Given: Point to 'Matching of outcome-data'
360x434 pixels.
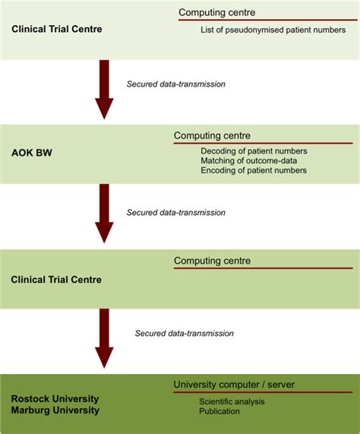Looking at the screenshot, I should tap(248, 161).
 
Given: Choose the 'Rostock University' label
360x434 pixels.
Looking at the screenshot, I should tap(55, 399).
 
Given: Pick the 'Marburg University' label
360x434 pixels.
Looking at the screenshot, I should tap(55, 410).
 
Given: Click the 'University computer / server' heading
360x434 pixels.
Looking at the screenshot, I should tap(233, 385).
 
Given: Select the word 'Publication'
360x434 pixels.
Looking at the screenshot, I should tap(219, 411).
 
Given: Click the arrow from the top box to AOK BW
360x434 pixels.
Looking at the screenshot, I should tap(104, 90).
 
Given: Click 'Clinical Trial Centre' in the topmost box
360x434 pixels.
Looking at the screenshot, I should tap(57, 30).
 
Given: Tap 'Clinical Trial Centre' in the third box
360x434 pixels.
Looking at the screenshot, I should tap(57, 280).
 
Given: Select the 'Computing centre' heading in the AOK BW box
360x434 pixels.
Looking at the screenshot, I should tap(212, 136).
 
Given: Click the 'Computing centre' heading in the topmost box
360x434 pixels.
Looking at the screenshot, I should tap(216, 12).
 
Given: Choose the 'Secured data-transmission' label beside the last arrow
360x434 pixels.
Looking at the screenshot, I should tap(184, 333).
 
